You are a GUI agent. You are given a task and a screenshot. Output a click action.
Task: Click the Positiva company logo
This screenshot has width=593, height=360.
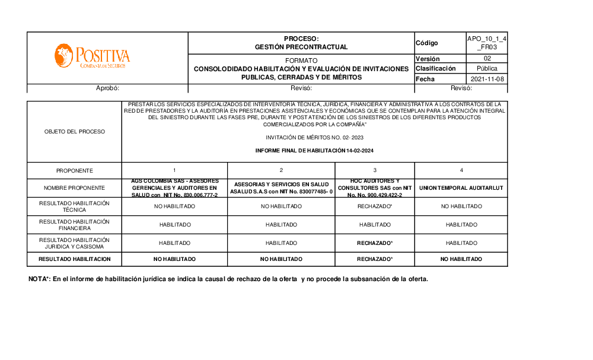92,56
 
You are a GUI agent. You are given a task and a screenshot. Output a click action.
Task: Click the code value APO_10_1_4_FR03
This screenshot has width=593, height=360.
486,43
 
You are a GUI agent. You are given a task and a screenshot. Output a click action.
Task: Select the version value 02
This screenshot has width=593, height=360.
487,59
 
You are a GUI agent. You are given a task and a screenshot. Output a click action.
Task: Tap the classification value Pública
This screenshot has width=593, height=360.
487,69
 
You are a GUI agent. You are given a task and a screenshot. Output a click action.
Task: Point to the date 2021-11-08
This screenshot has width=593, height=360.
487,79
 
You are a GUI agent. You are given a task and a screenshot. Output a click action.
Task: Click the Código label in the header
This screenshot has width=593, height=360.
427,43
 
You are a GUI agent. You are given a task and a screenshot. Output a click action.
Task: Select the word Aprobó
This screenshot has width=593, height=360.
108,88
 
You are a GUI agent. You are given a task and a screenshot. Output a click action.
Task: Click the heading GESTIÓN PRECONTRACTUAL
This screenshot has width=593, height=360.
301,47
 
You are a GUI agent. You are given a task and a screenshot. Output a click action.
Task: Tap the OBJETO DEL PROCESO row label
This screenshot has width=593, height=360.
74,132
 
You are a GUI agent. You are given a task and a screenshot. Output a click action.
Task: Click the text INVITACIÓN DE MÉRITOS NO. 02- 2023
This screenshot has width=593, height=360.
314,138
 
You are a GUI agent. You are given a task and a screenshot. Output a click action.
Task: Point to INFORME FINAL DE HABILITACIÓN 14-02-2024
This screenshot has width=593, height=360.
314,151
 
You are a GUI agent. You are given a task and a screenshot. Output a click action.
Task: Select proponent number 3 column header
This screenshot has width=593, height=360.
375,171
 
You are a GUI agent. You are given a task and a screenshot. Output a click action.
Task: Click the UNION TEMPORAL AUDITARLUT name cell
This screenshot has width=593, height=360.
461,188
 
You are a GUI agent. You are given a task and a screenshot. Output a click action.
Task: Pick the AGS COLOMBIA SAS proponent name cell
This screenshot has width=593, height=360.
174,188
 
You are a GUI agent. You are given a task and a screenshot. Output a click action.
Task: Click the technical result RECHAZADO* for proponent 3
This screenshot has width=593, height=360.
375,206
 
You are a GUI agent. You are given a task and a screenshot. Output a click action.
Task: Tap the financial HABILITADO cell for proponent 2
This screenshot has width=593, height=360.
281,225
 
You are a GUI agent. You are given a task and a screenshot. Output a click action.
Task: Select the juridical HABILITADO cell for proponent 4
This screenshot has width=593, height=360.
461,243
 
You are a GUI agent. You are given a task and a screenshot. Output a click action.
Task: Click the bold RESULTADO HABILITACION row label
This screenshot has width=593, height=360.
74,259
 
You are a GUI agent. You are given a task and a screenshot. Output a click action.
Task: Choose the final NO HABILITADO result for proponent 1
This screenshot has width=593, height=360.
174,259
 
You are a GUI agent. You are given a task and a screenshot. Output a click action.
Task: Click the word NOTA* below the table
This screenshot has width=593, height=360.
39,279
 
